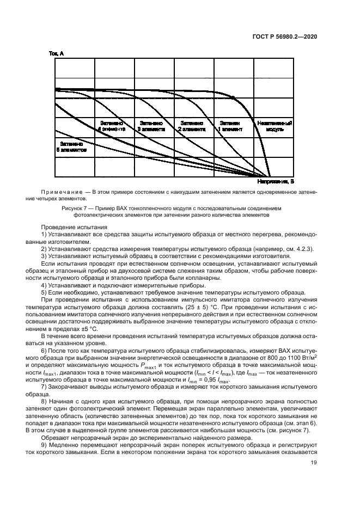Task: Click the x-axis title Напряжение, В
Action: (x=276, y=181)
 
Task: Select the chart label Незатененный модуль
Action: (x=275, y=127)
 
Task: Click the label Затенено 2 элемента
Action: (x=193, y=127)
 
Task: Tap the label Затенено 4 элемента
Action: (x=113, y=127)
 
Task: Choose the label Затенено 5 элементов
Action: (x=72, y=147)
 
